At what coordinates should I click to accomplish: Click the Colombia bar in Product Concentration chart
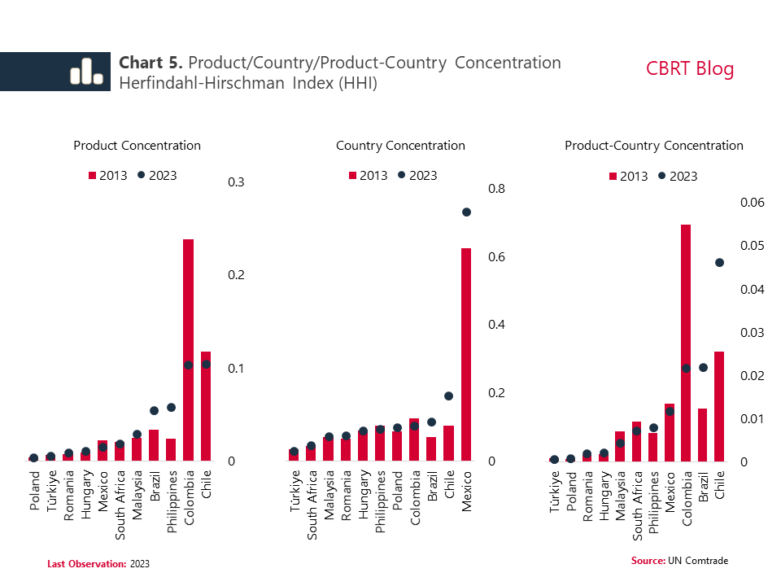click(188, 350)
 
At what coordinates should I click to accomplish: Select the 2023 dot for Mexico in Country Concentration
click(467, 212)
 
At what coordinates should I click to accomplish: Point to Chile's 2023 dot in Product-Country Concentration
click(719, 262)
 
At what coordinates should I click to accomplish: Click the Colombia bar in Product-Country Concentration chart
click(686, 343)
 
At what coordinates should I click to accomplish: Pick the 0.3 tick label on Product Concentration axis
click(237, 181)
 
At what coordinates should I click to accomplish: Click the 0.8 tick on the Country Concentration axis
click(496, 189)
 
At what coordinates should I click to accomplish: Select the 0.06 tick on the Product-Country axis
click(753, 203)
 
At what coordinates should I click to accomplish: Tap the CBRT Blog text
click(690, 68)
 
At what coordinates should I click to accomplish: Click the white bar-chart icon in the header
click(85, 72)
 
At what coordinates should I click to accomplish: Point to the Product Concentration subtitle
click(137, 146)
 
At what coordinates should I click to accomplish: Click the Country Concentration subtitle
click(400, 146)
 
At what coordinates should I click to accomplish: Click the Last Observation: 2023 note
click(98, 563)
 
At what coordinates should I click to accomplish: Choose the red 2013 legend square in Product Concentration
click(92, 175)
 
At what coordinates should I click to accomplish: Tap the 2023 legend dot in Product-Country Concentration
click(661, 176)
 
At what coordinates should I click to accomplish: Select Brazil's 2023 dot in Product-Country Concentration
click(703, 368)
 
